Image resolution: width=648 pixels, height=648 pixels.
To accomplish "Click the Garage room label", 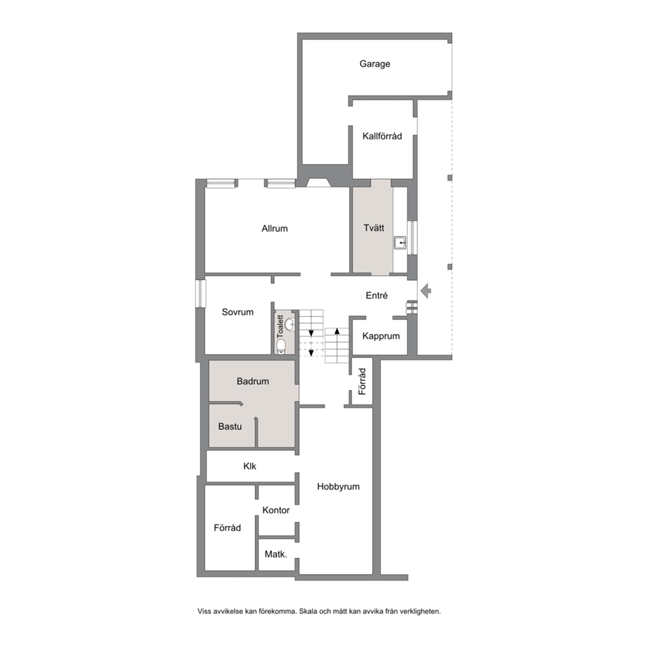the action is click(374, 63).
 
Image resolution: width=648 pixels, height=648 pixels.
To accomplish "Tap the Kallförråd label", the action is click(382, 136).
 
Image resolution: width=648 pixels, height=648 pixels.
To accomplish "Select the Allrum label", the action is click(274, 229).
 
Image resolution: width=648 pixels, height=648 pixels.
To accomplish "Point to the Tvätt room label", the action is click(374, 228).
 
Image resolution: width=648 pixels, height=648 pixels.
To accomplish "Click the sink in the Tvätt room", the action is click(400, 243).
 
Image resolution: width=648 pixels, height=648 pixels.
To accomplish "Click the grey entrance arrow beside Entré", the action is click(426, 291).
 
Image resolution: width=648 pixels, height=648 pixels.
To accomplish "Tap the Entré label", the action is click(376, 295).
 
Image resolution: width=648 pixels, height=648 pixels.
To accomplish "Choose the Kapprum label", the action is click(381, 336).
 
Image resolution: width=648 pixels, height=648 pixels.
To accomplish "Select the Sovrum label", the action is click(238, 312).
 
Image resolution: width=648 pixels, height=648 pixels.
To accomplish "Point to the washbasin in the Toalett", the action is click(289, 324).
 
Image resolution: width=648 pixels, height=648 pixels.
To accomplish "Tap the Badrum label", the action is click(253, 381).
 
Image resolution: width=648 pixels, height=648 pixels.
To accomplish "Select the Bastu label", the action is click(230, 427).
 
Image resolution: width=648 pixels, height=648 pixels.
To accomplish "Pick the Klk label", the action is click(250, 466).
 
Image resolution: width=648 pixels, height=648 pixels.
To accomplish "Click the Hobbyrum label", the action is click(338, 487).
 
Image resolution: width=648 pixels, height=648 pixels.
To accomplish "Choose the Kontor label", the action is click(276, 510).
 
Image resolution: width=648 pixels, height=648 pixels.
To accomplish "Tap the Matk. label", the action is click(276, 554).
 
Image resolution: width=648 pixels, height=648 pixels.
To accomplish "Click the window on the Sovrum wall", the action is click(201, 293).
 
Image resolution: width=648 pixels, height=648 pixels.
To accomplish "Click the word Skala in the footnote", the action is click(308, 611).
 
